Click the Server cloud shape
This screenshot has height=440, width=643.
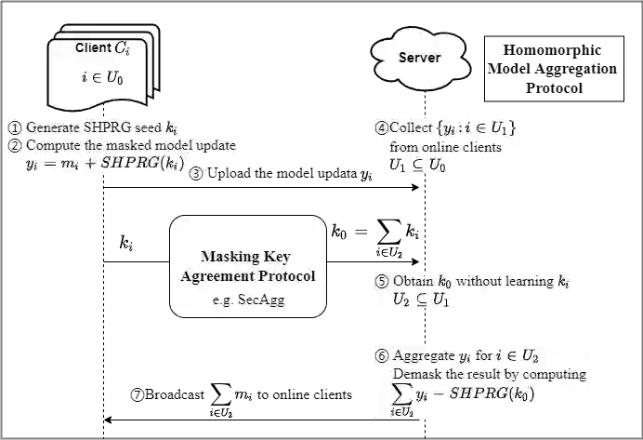[419, 59]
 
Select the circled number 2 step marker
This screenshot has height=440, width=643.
[15, 145]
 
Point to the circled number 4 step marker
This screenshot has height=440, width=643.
[381, 127]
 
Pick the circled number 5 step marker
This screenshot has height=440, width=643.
[380, 281]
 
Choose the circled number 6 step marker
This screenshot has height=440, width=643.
[381, 356]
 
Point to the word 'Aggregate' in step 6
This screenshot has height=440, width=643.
[426, 356]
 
